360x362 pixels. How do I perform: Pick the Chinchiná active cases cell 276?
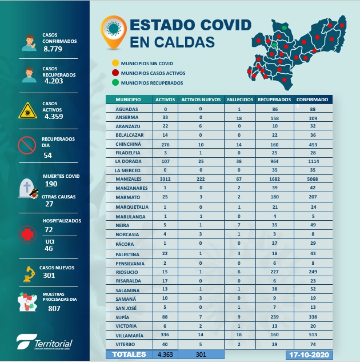tap(166, 146)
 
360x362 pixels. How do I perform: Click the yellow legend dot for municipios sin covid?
tap(115, 63)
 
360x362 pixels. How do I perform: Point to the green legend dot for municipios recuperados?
tap(115, 83)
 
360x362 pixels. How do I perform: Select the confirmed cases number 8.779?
tap(53, 49)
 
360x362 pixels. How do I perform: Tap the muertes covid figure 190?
tap(51, 184)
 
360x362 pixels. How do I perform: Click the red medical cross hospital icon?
tap(25, 235)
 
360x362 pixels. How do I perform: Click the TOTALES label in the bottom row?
tap(129, 355)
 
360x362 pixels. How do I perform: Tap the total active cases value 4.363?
tap(165, 355)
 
